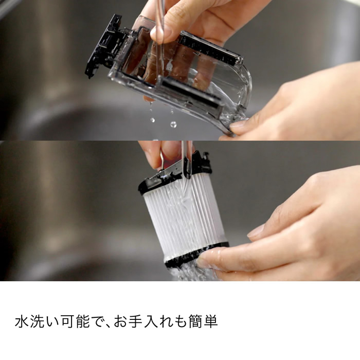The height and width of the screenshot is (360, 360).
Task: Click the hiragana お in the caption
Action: tap(122, 322)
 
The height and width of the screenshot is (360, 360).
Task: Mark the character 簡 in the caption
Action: tap(194, 322)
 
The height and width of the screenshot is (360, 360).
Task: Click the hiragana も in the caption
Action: tap(179, 322)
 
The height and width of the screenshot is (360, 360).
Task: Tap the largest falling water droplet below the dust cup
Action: tap(173, 124)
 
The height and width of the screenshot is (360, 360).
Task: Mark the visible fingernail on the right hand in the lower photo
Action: tap(256, 231)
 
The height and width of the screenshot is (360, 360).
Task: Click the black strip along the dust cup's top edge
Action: tap(211, 49)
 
